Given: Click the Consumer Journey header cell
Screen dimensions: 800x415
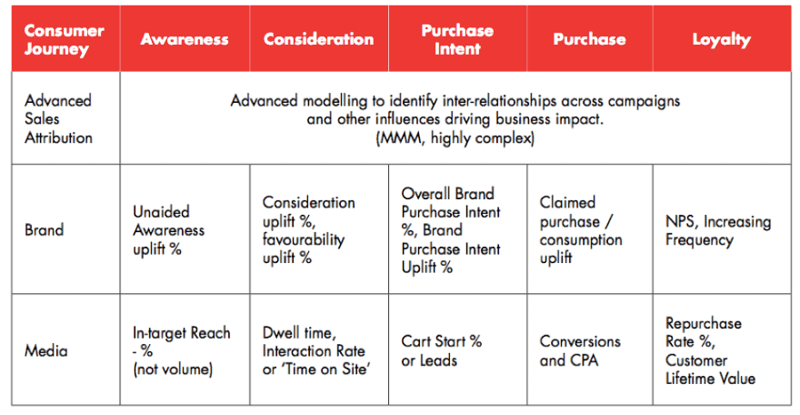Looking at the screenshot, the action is click(x=65, y=39).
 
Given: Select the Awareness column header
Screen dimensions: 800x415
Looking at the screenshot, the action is click(x=185, y=39).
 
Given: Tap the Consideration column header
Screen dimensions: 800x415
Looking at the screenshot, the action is click(x=319, y=39).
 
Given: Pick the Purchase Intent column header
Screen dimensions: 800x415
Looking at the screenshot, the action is click(x=457, y=39).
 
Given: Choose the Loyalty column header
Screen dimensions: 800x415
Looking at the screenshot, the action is click(x=722, y=39).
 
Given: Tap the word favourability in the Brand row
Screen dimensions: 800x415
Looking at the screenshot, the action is click(x=304, y=238).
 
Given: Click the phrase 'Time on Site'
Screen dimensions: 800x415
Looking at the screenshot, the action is click(x=324, y=369).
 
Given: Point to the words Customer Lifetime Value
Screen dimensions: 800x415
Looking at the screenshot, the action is click(x=710, y=369).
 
